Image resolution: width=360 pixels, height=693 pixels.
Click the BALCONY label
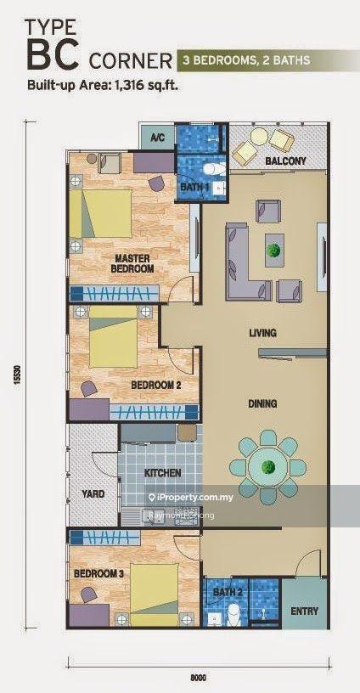click(x=285, y=161)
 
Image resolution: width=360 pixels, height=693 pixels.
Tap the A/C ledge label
click(x=157, y=138)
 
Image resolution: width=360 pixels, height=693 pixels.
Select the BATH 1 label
click(x=194, y=187)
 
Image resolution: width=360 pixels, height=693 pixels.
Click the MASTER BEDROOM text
click(x=132, y=263)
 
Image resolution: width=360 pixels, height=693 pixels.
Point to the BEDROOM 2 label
click(x=156, y=386)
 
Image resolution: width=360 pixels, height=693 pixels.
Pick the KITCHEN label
click(x=162, y=473)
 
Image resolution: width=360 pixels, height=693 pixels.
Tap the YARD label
click(x=93, y=493)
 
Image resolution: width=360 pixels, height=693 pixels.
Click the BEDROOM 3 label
click(x=98, y=573)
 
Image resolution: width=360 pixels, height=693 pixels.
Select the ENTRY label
click(x=304, y=611)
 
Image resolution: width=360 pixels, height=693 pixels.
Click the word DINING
click(x=262, y=403)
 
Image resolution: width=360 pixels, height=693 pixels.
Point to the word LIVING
click(x=262, y=333)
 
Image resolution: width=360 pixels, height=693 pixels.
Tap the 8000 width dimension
click(x=199, y=677)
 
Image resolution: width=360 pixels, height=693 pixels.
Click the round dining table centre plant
click(x=267, y=466)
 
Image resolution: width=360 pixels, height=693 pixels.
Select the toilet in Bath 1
click(x=215, y=168)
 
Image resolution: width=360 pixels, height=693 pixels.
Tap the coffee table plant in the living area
click(x=274, y=251)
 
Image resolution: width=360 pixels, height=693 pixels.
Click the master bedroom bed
click(x=101, y=213)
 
